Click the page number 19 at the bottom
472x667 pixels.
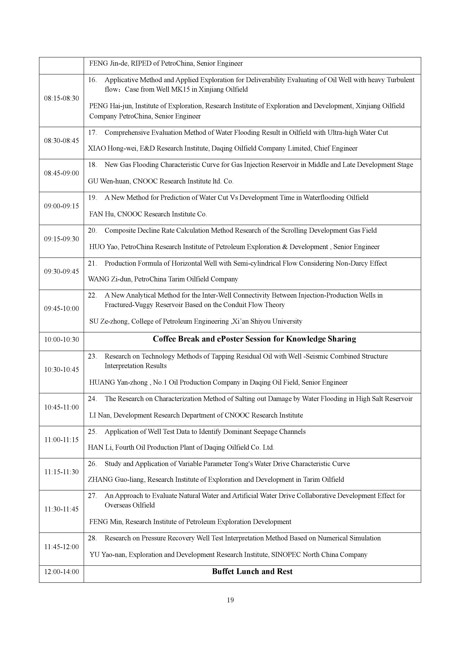(x=230, y=600)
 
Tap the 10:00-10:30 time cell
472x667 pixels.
(x=61, y=339)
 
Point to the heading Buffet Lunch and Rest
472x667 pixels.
(x=252, y=571)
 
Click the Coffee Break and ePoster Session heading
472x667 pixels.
(x=254, y=339)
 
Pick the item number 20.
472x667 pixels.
(x=92, y=231)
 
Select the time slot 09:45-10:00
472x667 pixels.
(x=61, y=309)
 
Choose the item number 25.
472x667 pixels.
(x=92, y=432)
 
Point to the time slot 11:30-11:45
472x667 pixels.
(x=61, y=509)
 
